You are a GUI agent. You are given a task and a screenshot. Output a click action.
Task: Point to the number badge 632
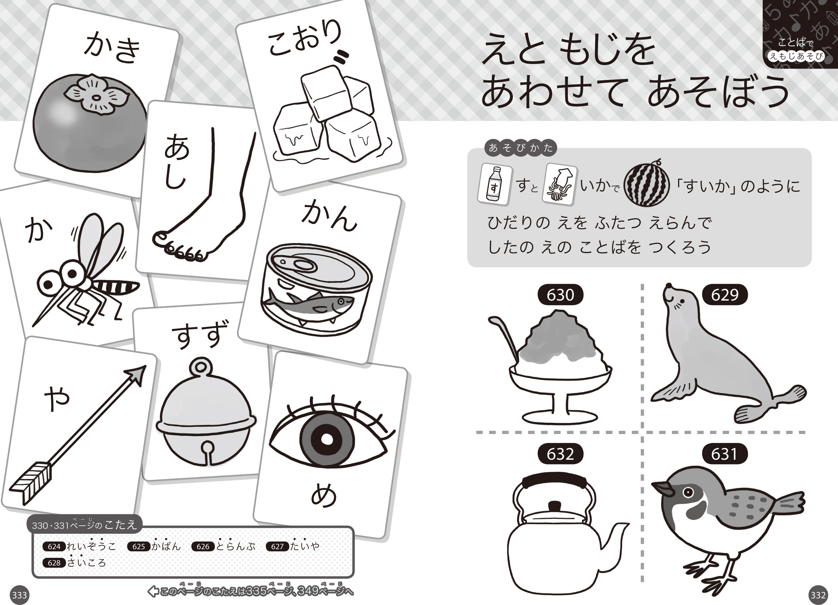point(560,454)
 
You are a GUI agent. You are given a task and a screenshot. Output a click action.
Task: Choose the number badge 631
point(724,454)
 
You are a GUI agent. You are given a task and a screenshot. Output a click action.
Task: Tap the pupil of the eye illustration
point(327,439)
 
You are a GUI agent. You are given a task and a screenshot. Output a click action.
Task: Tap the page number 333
point(20,595)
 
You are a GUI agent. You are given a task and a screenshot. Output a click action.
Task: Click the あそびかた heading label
point(521,148)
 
